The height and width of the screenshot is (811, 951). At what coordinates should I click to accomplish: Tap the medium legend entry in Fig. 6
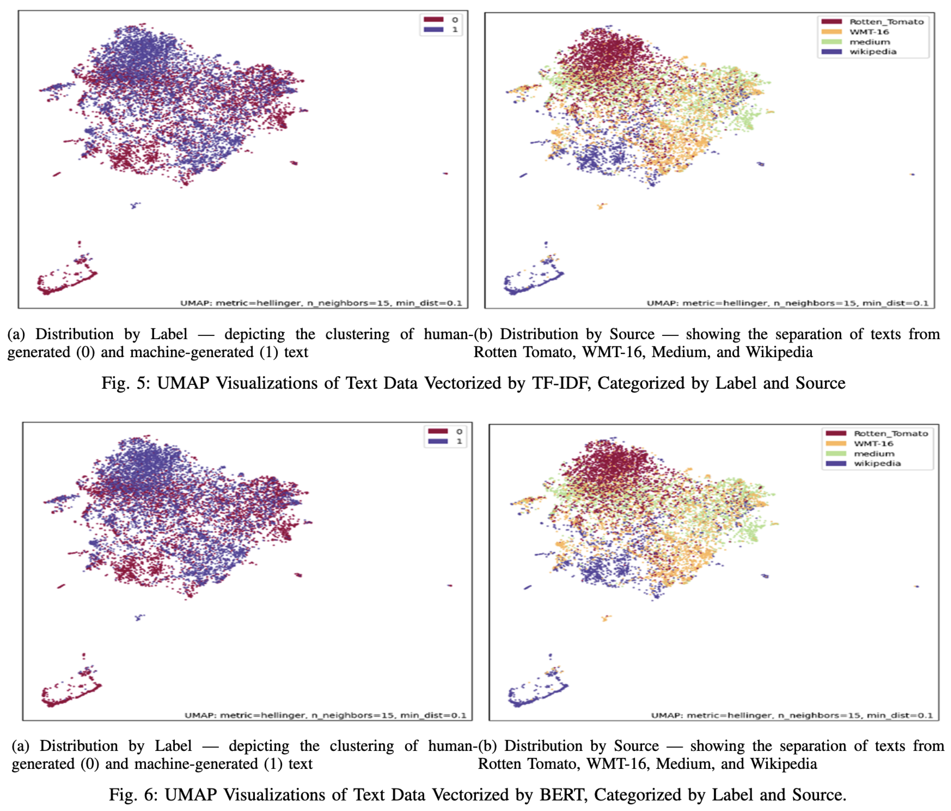tap(874, 454)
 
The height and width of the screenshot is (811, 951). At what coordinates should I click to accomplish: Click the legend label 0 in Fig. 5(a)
tap(454, 20)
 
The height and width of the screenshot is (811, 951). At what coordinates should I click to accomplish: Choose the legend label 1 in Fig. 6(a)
tap(459, 441)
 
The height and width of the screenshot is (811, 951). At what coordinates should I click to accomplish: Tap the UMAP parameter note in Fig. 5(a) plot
tap(321, 303)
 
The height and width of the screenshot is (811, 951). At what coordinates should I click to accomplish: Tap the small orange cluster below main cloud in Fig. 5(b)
tap(601, 206)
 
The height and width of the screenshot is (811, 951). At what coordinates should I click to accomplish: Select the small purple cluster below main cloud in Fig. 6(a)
tap(139, 617)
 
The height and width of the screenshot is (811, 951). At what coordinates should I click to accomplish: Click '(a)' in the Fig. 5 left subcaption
tap(16, 334)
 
